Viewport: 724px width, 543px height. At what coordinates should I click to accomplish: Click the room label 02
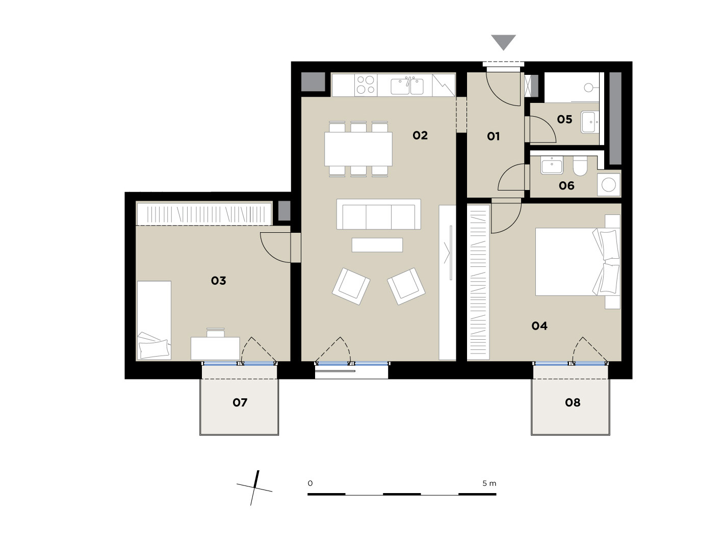[x=420, y=135]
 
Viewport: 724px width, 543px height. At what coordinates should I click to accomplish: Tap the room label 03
[x=218, y=280]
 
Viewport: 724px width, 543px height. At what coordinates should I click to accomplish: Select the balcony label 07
[x=240, y=402]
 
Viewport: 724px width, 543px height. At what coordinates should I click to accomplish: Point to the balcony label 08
[x=572, y=402]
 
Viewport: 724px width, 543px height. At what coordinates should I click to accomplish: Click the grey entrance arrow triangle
[x=503, y=42]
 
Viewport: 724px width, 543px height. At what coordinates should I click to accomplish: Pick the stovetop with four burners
[x=366, y=85]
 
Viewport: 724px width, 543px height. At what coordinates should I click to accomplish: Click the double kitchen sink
[x=407, y=86]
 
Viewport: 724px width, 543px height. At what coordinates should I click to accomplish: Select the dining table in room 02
[x=358, y=149]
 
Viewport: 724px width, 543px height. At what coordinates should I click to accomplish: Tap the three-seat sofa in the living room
[x=379, y=214]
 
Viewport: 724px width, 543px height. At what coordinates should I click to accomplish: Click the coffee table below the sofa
[x=377, y=245]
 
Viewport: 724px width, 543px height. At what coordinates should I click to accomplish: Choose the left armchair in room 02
[x=351, y=286]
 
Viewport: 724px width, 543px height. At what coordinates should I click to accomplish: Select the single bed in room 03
[x=154, y=320]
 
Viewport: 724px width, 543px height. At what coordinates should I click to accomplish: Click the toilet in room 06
[x=580, y=166]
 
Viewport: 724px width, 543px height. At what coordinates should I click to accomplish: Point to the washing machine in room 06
[x=609, y=184]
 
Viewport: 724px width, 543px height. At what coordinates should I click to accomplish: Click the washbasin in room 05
[x=590, y=122]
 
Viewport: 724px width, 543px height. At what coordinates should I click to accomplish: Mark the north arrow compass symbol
[x=254, y=487]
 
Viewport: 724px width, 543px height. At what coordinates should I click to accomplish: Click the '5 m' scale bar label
[x=489, y=483]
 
